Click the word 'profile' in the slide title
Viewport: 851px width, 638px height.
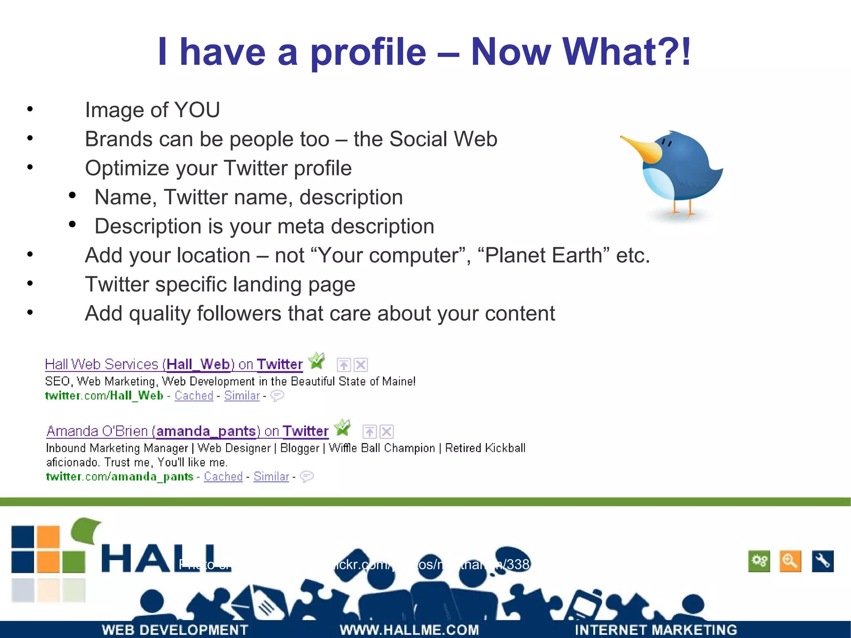point(368,52)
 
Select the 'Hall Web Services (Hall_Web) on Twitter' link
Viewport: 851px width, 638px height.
point(174,365)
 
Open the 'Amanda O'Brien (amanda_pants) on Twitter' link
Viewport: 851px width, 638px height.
point(187,431)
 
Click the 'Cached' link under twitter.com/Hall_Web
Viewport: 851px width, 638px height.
point(194,396)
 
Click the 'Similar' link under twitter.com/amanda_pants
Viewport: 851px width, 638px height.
point(271,476)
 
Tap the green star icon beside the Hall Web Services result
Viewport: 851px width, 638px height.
point(317,361)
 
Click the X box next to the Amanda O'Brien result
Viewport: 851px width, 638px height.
point(387,432)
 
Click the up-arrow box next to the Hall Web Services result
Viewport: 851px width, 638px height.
point(344,365)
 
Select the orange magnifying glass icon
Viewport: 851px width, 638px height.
point(790,562)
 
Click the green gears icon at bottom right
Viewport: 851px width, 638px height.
point(759,562)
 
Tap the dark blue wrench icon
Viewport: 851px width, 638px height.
point(822,562)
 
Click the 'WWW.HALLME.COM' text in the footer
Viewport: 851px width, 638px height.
point(409,630)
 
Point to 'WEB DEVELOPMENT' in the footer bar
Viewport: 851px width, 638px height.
point(175,630)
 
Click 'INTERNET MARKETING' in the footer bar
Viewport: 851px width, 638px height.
point(656,630)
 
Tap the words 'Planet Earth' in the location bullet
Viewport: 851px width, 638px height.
point(544,256)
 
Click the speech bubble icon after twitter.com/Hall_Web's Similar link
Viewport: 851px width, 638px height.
point(277,396)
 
